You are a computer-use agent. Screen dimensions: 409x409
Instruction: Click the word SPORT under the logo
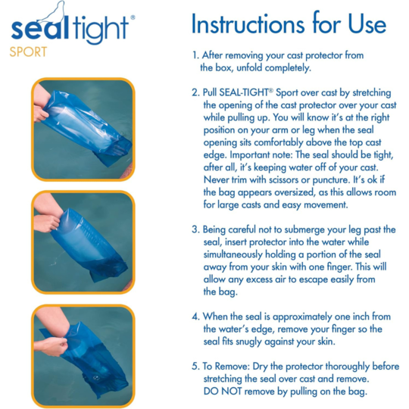[29, 52]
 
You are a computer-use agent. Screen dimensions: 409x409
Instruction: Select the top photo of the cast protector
[83, 126]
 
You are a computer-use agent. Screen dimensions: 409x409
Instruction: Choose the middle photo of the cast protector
[83, 242]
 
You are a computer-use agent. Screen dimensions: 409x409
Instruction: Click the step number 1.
[195, 55]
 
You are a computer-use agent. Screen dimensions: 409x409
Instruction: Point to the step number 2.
[195, 92]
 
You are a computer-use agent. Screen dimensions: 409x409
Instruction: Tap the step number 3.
[195, 229]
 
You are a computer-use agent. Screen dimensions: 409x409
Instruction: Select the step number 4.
[195, 317]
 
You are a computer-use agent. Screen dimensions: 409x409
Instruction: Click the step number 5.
[195, 365]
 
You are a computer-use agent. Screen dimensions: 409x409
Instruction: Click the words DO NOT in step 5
[222, 390]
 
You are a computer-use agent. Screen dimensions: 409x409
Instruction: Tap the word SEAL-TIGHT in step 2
[247, 92]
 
